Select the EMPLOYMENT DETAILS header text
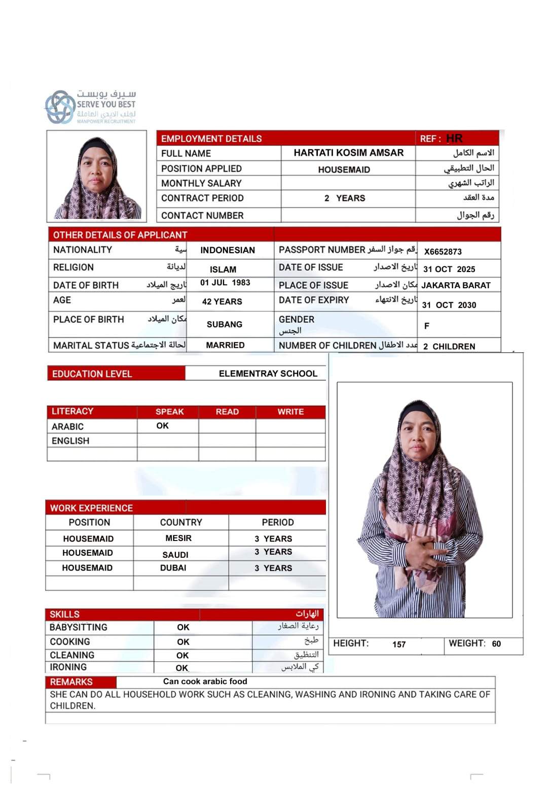[211, 139]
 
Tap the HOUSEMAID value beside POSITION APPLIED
[344, 170]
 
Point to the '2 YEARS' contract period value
[345, 198]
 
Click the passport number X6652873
[443, 252]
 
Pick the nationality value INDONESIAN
[228, 250]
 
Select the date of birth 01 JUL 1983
[225, 283]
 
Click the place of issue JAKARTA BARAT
[456, 285]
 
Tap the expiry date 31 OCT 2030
[449, 305]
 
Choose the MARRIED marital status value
[225, 345]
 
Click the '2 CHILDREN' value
[449, 347]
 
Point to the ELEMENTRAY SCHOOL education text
[268, 374]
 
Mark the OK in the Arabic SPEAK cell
[162, 426]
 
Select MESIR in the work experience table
[178, 538]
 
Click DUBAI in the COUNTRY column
[173, 568]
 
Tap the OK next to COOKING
[183, 642]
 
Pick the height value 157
[399, 645]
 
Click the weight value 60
[496, 644]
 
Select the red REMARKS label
[71, 682]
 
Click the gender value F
[426, 326]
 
